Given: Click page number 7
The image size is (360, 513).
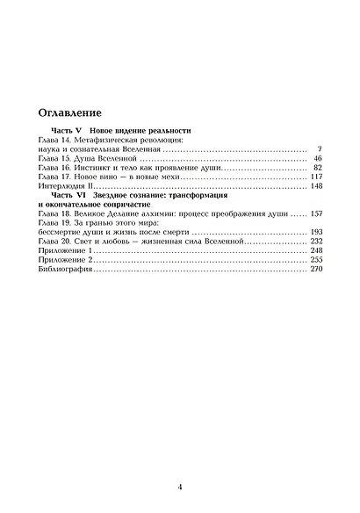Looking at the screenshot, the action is click(x=320, y=150).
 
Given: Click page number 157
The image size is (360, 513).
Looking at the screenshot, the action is click(x=316, y=214).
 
